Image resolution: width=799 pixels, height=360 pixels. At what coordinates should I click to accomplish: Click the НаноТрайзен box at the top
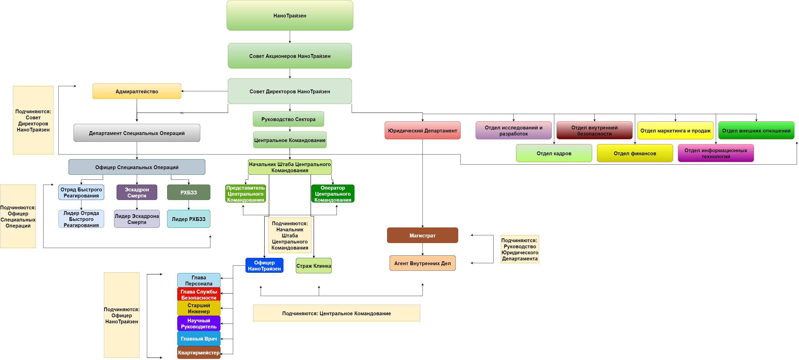click(290, 15)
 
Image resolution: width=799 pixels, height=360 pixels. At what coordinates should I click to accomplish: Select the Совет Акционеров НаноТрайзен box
click(290, 56)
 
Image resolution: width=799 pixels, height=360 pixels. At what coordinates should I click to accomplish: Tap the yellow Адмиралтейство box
click(137, 91)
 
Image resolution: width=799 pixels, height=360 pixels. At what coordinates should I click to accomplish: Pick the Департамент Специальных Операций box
click(137, 133)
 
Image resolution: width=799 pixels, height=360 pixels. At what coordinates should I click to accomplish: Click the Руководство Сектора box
click(288, 119)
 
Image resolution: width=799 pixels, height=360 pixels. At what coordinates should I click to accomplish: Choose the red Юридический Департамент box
click(423, 130)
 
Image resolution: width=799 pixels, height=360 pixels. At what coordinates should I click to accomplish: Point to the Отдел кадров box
click(554, 153)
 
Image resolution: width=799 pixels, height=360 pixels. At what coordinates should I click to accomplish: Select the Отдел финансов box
click(635, 153)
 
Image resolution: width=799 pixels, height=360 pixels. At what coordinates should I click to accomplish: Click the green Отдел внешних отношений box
click(756, 130)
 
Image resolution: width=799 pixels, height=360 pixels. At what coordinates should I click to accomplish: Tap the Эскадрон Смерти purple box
click(137, 192)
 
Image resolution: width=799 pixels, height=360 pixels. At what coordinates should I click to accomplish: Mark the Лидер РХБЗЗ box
click(189, 219)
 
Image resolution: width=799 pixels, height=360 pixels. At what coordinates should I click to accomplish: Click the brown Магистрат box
click(423, 235)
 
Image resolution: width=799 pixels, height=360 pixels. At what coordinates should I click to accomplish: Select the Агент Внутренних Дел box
click(423, 263)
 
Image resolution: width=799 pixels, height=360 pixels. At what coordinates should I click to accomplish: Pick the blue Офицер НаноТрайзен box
click(264, 265)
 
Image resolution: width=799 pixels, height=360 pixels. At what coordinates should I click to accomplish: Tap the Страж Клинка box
click(314, 266)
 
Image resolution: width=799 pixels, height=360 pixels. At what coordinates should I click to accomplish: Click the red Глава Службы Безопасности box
click(199, 294)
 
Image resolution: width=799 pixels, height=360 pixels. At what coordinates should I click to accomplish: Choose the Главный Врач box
click(199, 339)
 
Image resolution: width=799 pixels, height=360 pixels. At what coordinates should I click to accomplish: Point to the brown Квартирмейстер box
click(199, 353)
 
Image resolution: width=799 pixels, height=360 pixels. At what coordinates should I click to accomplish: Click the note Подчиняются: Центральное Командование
click(337, 313)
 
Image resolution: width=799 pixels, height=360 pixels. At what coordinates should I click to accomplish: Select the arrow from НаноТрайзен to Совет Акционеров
click(290, 37)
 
